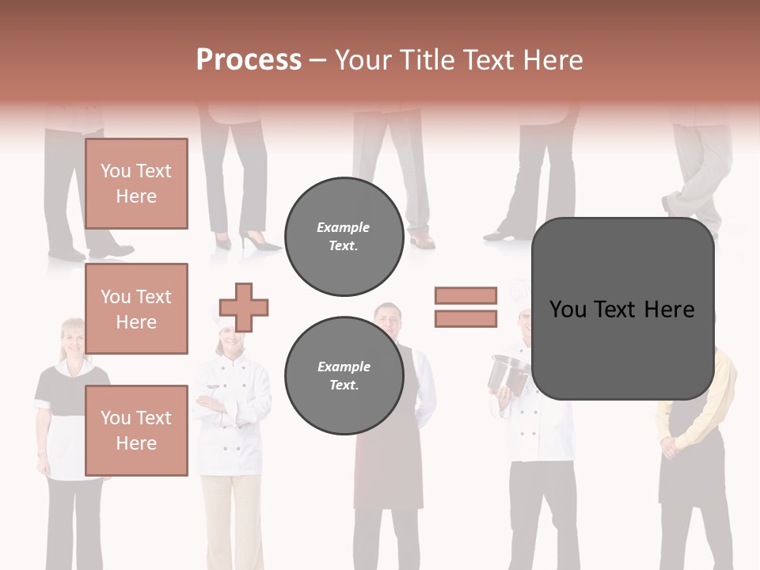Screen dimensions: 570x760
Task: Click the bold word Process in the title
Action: pyautogui.click(x=249, y=60)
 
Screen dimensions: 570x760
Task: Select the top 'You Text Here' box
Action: pyautogui.click(x=136, y=184)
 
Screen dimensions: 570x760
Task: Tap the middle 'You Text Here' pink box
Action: pyautogui.click(x=136, y=309)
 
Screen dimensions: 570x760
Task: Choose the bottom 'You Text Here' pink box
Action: pyautogui.click(x=136, y=431)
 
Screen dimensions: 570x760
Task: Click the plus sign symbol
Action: pyautogui.click(x=244, y=307)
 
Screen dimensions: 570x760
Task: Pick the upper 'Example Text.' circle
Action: pyautogui.click(x=344, y=237)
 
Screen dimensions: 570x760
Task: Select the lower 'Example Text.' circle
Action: pyautogui.click(x=344, y=376)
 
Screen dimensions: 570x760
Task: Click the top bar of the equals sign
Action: pyautogui.click(x=465, y=295)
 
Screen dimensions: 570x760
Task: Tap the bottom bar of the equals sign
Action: pyautogui.click(x=465, y=318)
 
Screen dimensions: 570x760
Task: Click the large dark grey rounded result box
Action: pyautogui.click(x=622, y=309)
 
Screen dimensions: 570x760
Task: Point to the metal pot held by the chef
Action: pyautogui.click(x=508, y=372)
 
